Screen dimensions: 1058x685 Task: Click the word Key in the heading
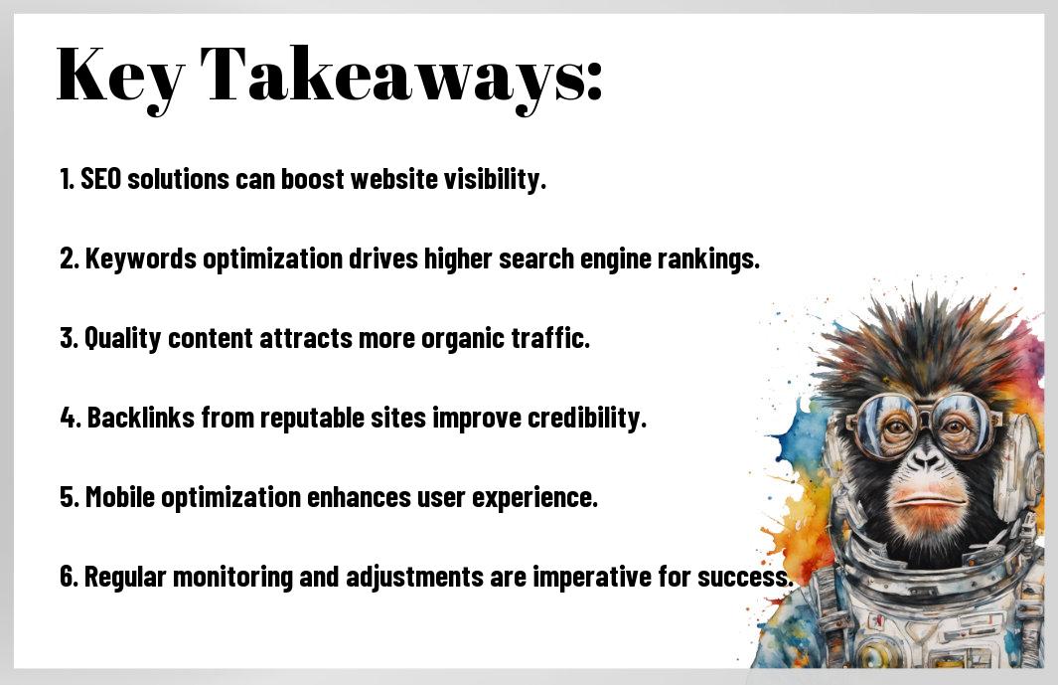[120, 77]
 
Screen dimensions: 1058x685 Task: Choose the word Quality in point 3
[123, 338]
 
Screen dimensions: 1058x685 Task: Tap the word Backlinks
[141, 418]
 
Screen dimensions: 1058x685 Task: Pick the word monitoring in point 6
[232, 578]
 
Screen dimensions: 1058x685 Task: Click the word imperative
[592, 578]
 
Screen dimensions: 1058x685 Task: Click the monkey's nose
[925, 461]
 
